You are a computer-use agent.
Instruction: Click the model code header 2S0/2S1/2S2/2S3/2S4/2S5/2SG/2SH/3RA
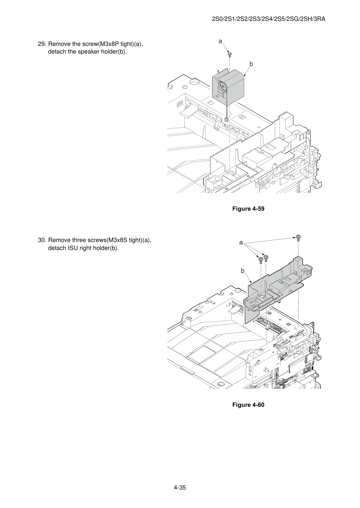[269, 19]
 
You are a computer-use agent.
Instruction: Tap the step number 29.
[42, 44]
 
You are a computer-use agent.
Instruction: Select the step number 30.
[42, 240]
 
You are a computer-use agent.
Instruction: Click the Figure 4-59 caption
[248, 209]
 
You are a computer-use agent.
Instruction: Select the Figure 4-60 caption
[248, 405]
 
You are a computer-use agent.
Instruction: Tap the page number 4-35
[180, 487]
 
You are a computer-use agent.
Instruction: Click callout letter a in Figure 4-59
[220, 41]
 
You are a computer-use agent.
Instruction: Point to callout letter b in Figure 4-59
[251, 64]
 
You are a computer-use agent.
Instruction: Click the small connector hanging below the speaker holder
[226, 120]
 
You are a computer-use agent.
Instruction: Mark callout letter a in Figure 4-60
[241, 242]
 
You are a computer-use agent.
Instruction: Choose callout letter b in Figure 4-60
[242, 271]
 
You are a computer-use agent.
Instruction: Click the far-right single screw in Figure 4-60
[298, 238]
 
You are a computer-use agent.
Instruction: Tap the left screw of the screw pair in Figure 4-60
[261, 260]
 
